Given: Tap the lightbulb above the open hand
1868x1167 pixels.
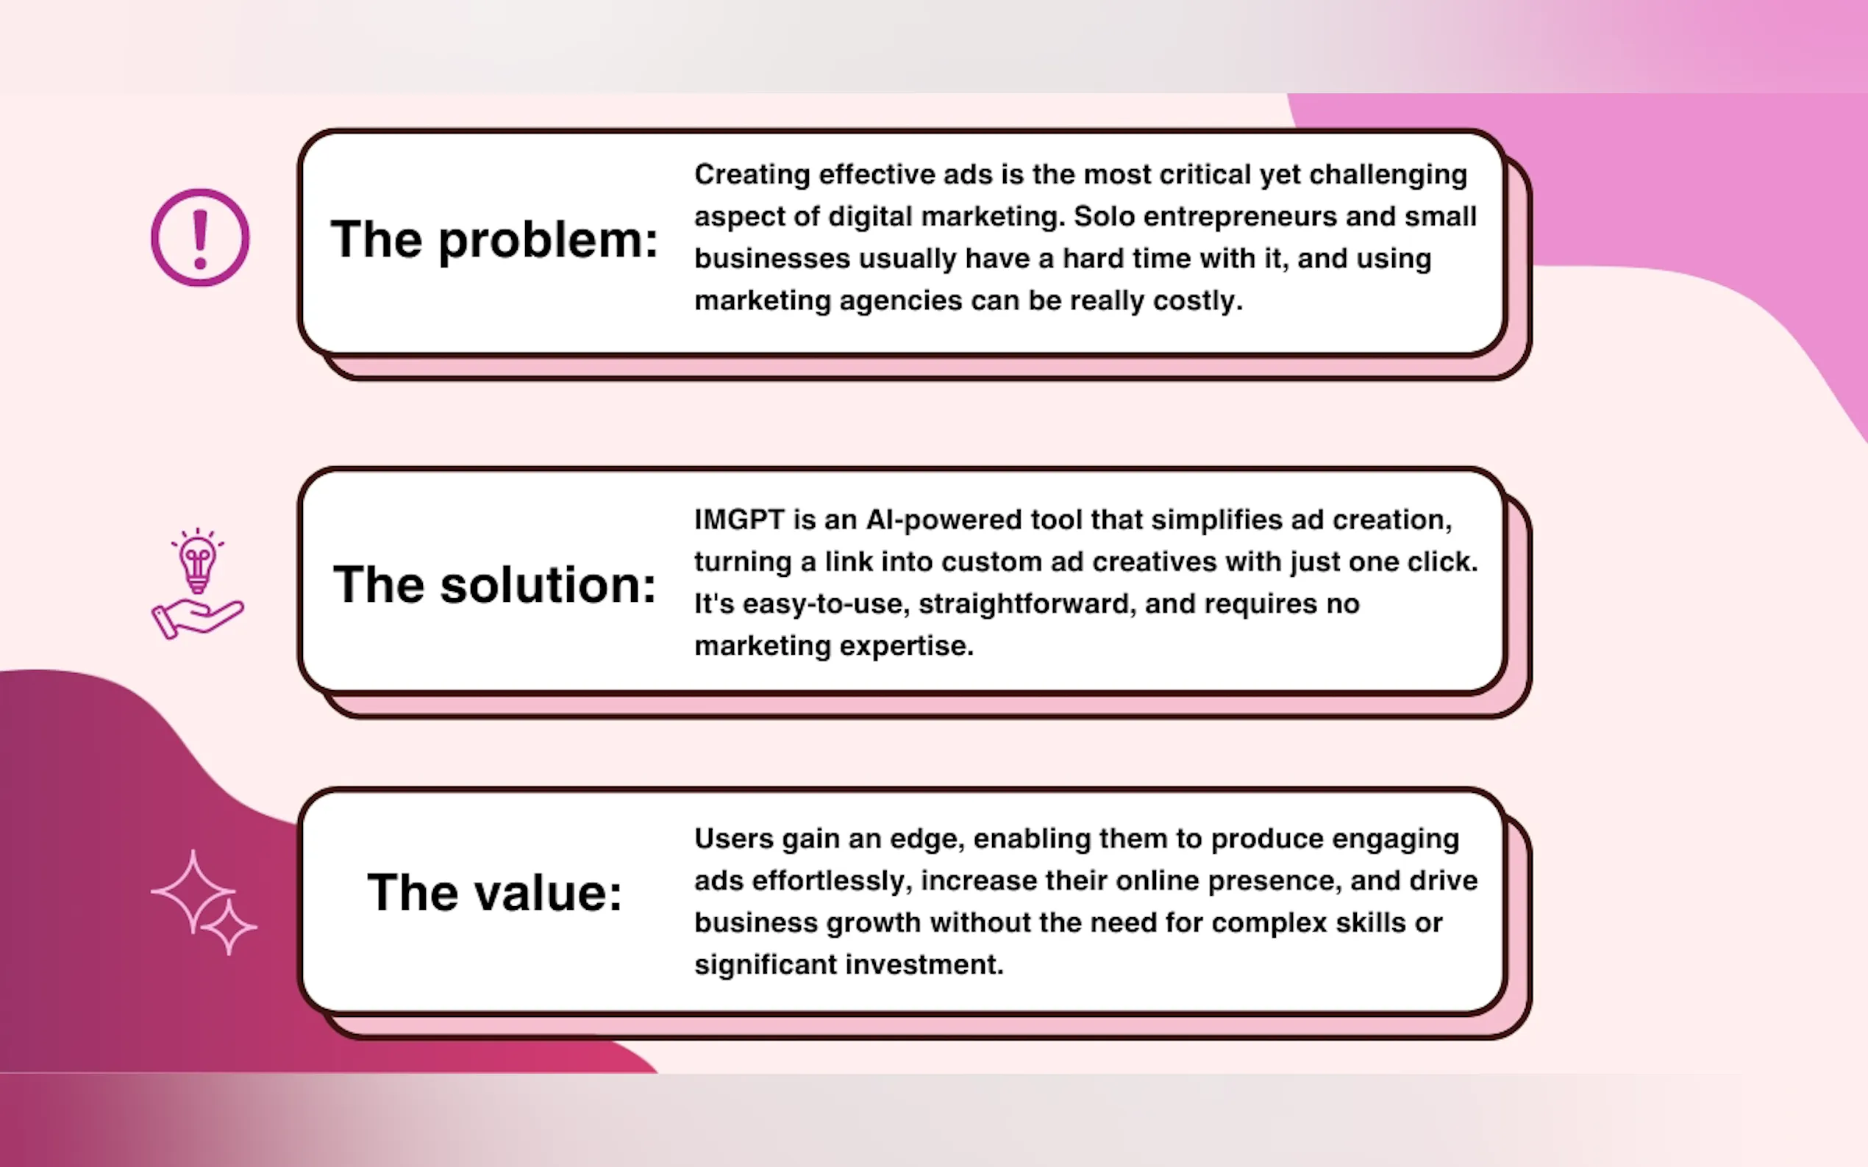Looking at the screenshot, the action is pos(198,563).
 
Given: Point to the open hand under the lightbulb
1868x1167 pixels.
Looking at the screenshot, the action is pos(197,618).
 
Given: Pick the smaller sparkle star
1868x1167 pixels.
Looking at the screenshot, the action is pos(229,927).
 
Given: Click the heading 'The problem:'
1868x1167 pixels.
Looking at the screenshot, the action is pos(494,240).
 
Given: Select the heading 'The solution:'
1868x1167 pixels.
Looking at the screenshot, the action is pos(494,584).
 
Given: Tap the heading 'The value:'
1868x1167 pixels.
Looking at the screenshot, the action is pos(494,893).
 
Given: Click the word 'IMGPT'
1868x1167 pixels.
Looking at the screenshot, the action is pos(739,520).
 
